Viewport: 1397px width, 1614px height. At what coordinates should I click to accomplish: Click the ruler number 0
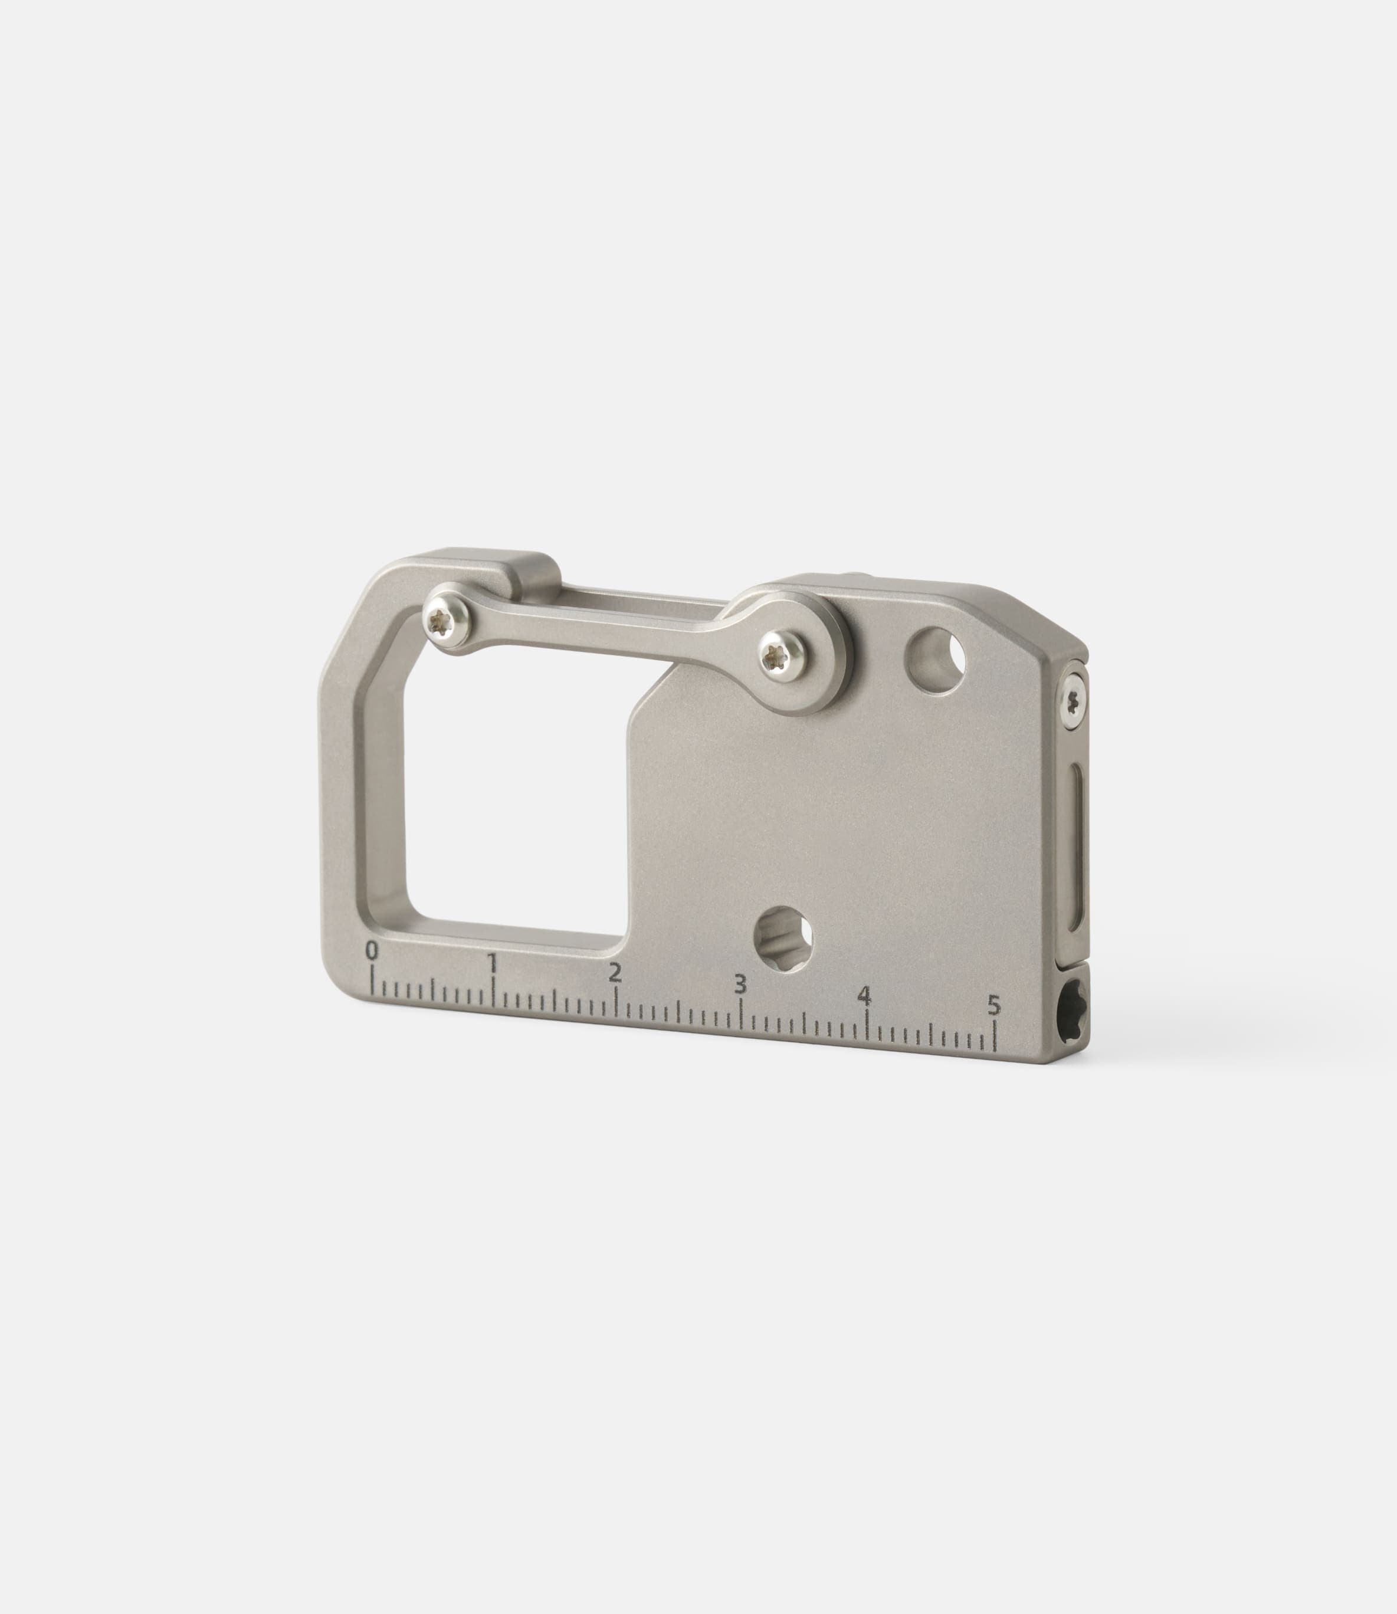372,951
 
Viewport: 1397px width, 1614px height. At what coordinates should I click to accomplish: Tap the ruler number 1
493,963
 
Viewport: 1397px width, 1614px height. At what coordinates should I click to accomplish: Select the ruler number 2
615,973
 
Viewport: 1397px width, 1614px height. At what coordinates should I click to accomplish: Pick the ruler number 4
864,995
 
